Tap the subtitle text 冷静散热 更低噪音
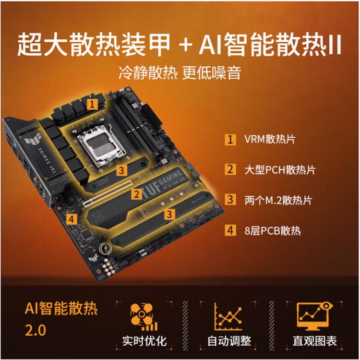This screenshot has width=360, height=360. (180, 72)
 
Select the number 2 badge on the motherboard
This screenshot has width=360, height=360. (137, 194)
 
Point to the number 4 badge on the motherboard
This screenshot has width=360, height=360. (72, 219)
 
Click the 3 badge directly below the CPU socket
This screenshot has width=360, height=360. (122, 169)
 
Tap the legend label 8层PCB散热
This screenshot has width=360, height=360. (273, 230)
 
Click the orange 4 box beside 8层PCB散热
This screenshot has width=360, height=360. (231, 230)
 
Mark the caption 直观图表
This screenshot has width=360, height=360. (315, 341)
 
